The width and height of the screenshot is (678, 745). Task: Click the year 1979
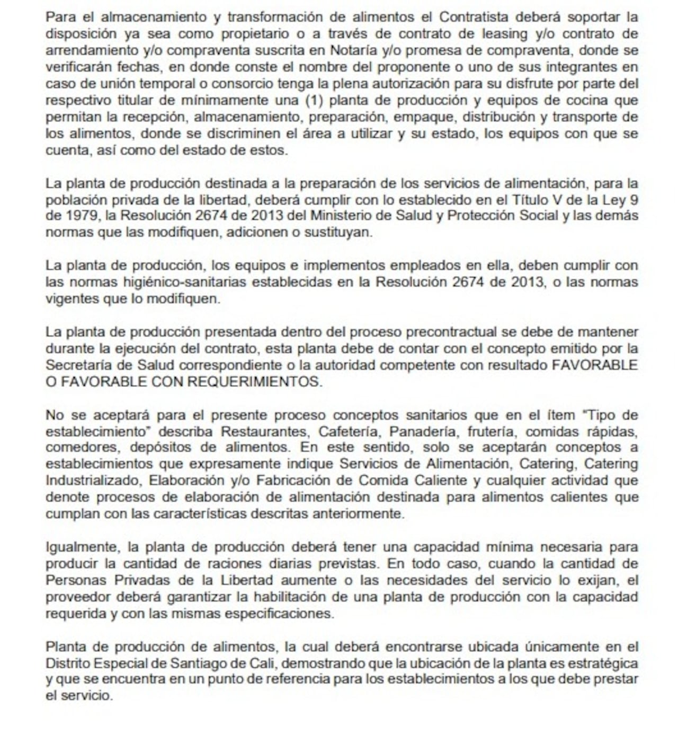click(x=81, y=216)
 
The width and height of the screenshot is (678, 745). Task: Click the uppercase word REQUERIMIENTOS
click(x=254, y=382)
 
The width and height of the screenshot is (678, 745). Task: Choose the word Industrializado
click(x=93, y=481)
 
